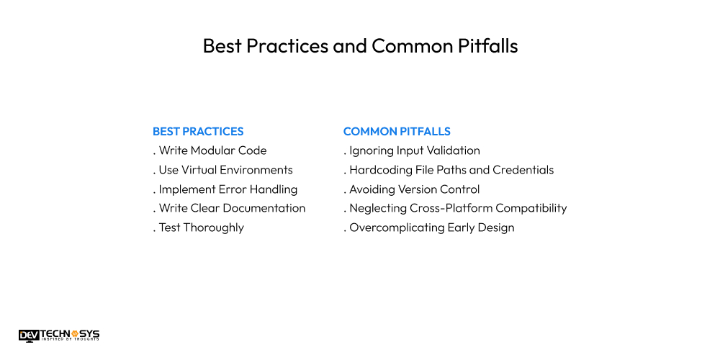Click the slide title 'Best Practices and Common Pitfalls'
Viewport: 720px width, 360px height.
[x=360, y=46]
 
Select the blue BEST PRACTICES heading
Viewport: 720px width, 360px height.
[x=198, y=132]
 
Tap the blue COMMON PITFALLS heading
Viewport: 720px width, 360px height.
[x=397, y=132]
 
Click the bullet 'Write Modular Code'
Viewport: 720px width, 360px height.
[x=210, y=151]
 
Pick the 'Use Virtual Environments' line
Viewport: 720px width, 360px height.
[x=223, y=170]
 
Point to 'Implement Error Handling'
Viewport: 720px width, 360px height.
[x=225, y=189]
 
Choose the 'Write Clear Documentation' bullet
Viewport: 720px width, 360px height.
[x=230, y=208]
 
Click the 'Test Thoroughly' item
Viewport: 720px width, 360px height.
[x=199, y=228]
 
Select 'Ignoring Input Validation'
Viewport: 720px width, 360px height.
[x=413, y=151]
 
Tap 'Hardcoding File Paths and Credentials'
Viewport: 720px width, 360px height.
[x=449, y=170]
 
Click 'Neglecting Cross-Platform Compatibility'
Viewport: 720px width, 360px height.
[x=456, y=208]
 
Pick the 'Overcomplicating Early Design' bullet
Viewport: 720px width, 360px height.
[x=430, y=228]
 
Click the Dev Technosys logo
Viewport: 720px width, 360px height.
[x=59, y=335]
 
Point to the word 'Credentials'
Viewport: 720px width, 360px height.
[x=523, y=170]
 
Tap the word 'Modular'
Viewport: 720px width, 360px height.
[x=214, y=151]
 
